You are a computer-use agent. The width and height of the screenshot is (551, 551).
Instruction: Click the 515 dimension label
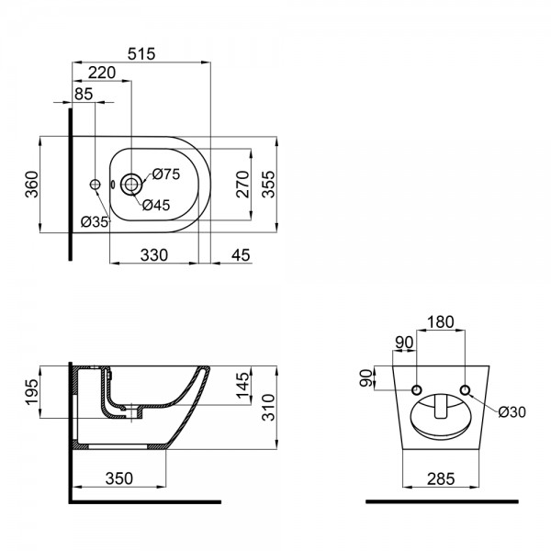141,54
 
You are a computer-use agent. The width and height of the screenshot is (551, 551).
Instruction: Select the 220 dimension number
102,73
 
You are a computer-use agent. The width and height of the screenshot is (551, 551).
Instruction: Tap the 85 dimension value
84,94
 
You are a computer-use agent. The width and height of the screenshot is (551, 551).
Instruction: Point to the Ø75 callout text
166,174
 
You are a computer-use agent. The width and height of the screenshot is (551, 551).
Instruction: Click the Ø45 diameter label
156,205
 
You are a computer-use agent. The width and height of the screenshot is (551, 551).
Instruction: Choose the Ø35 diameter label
95,221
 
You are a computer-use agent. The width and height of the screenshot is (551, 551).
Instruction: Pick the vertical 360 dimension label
31,185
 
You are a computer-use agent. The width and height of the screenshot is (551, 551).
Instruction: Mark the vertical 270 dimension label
242,185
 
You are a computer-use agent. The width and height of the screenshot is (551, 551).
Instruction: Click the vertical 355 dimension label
269,185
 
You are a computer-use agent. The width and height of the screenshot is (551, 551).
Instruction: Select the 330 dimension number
154,255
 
